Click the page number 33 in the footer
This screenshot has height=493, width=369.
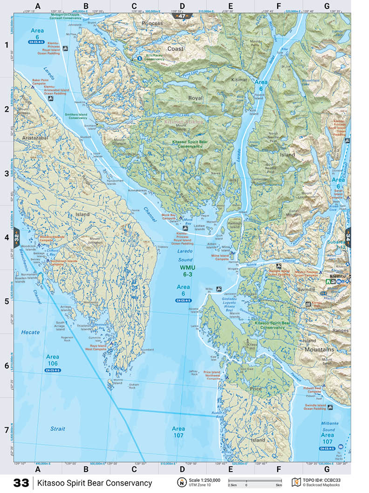(x=21, y=483)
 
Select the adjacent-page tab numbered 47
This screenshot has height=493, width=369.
(x=180, y=16)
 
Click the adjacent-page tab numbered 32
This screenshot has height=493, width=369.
(x=17, y=236)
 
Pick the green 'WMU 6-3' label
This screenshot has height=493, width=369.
(x=184, y=271)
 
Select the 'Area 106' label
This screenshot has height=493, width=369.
(x=52, y=360)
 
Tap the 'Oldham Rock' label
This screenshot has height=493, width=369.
(x=134, y=386)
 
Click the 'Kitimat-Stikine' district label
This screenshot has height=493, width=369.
(x=184, y=122)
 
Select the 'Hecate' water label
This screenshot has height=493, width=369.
(x=30, y=332)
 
